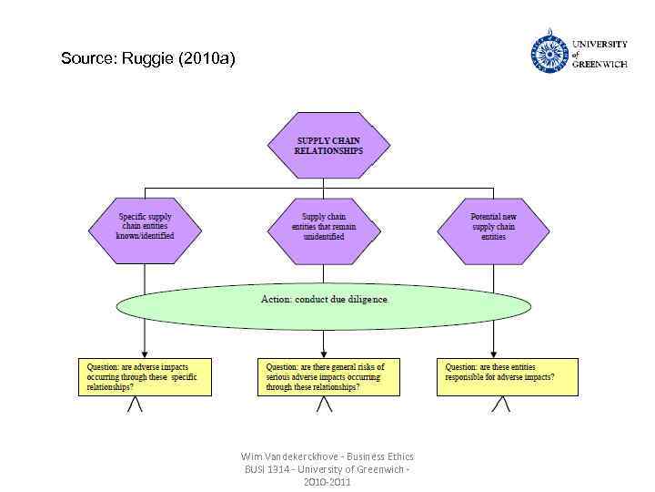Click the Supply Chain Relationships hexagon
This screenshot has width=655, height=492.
[x=327, y=146]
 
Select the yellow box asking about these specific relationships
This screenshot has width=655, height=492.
[x=145, y=376]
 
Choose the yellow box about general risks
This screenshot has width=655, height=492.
[x=328, y=376]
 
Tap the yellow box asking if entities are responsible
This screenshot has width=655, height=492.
[x=507, y=376]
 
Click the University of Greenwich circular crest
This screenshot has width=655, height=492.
[x=549, y=54]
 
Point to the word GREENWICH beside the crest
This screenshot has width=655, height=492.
[x=600, y=65]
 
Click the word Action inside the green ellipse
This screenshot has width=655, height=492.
[x=275, y=299]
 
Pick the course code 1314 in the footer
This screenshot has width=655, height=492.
[x=276, y=468]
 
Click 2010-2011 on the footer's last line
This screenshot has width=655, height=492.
[x=327, y=481]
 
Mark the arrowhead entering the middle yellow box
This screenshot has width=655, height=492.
[x=325, y=354]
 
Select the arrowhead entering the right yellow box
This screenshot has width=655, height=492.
[x=493, y=354]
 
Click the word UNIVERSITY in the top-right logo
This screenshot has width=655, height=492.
[x=600, y=44]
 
